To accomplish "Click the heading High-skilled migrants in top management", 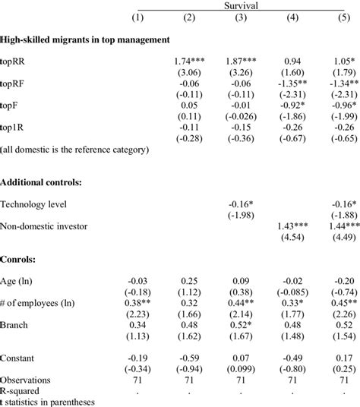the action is [x=84, y=37].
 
